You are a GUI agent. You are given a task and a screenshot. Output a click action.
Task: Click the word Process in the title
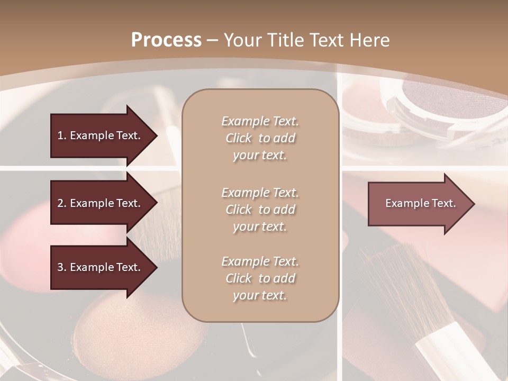(166, 40)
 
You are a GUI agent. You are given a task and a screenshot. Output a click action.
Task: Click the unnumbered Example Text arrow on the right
(421, 204)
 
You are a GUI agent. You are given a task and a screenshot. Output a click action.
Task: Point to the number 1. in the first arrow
(62, 135)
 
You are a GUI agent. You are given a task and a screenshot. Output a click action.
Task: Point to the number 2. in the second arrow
(62, 203)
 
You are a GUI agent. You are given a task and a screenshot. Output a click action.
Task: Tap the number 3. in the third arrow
(62, 267)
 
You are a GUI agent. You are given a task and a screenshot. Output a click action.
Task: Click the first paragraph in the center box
(260, 138)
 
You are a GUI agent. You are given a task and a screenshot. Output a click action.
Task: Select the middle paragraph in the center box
(260, 210)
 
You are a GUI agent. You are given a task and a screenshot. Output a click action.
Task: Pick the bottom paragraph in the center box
(260, 278)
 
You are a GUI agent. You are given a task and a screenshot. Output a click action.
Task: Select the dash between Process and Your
(213, 40)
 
